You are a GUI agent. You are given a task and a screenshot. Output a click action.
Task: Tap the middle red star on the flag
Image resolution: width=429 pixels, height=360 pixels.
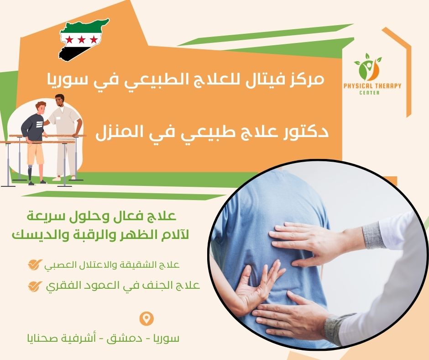(x=82, y=39)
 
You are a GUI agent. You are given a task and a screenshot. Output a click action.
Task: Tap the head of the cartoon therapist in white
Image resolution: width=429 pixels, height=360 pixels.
(x=59, y=100)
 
